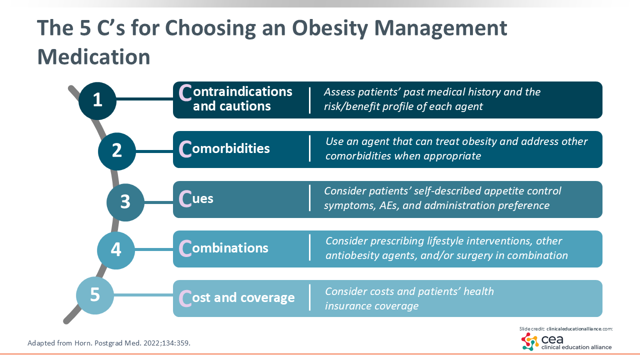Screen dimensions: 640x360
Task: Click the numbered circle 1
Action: (x=97, y=100)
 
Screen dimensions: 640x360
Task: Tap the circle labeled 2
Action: (x=117, y=151)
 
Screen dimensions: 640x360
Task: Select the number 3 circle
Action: (x=125, y=202)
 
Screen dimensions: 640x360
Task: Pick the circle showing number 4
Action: (x=116, y=250)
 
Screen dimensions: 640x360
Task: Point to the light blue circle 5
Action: (x=95, y=295)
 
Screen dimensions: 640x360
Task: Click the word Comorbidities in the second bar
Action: (x=224, y=148)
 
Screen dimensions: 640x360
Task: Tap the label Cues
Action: (x=196, y=198)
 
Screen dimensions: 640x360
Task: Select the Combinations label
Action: (x=223, y=248)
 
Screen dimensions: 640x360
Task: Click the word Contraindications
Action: (x=235, y=92)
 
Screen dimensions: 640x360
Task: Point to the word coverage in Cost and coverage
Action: (x=267, y=298)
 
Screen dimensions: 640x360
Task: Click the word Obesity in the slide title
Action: (x=329, y=28)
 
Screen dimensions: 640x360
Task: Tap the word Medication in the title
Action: (x=93, y=56)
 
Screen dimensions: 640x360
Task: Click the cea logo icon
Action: (x=530, y=341)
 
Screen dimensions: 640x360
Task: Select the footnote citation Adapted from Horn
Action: (x=109, y=343)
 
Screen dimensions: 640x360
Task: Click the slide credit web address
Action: (x=579, y=329)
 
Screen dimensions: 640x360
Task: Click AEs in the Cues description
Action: (x=389, y=205)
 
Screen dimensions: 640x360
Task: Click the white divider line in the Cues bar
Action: (x=309, y=198)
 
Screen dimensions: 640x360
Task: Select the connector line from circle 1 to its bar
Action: (x=144, y=99)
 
